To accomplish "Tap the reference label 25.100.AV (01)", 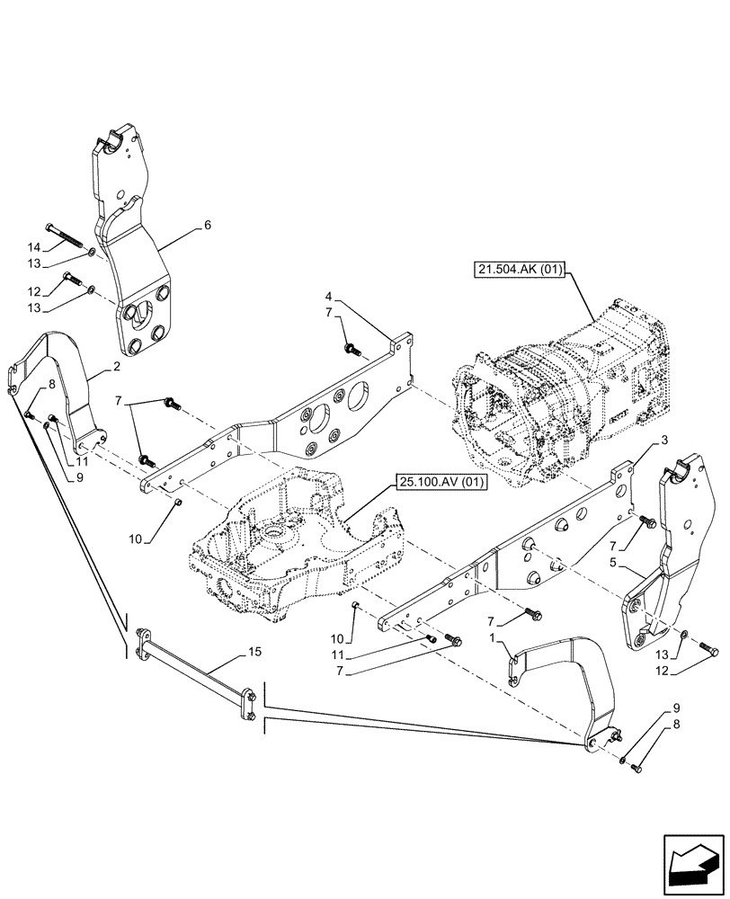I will click(x=439, y=483).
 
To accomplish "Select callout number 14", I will click(x=33, y=247).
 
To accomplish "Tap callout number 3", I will click(x=663, y=440).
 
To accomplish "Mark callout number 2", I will click(x=117, y=368).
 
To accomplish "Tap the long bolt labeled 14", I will click(x=65, y=236).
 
